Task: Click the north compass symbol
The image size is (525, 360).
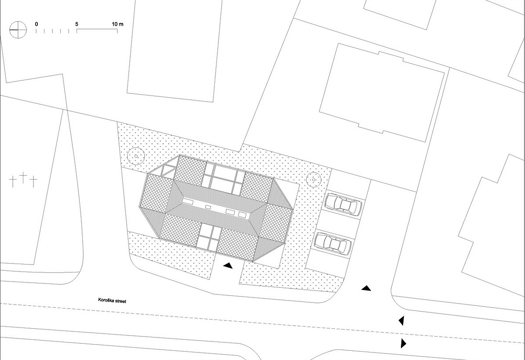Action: point(18,29)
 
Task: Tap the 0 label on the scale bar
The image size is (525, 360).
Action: point(37,24)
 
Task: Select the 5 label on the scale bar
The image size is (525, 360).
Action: point(77,24)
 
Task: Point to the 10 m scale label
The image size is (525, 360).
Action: point(117,24)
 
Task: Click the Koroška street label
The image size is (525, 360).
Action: point(112,301)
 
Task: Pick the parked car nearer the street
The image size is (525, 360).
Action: point(333,243)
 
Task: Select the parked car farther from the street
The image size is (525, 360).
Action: point(343,204)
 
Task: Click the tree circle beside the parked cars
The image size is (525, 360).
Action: point(314,180)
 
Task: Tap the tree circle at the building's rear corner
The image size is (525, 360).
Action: point(136,156)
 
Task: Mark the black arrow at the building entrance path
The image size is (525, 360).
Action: point(228,266)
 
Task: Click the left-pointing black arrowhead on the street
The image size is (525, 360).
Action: point(401,320)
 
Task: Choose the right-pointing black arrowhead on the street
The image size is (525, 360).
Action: point(404,343)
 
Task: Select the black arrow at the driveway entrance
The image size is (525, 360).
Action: point(366,288)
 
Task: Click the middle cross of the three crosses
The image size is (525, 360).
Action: point(23,177)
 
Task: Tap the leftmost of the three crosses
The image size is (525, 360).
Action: point(13,181)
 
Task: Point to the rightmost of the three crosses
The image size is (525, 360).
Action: point(33,182)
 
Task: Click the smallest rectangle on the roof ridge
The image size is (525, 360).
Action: point(208,207)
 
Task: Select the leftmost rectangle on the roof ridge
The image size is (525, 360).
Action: point(188,202)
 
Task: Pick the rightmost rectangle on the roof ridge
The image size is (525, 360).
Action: point(242,214)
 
